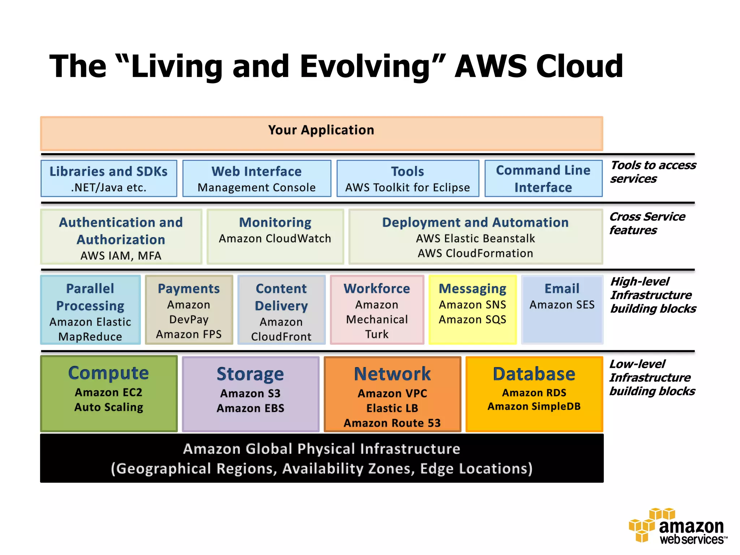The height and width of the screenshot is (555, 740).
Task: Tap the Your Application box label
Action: pos(321,130)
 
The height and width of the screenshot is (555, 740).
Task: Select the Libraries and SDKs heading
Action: pos(108,171)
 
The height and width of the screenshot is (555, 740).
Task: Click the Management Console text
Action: pos(257,188)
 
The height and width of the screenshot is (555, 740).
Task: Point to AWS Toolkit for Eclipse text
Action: pos(408,188)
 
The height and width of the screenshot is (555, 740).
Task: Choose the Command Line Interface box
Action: pos(543,178)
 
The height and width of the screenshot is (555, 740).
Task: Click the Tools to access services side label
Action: pos(652,172)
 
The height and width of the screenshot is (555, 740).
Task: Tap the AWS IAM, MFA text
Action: pos(121,256)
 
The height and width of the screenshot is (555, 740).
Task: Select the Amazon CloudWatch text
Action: pos(275,238)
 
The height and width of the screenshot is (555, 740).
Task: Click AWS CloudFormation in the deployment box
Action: pos(475,253)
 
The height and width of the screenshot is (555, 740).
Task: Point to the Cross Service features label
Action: pos(647,223)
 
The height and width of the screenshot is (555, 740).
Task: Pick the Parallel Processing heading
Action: pos(90,297)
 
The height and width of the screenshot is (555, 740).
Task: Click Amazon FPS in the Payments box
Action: pos(189,334)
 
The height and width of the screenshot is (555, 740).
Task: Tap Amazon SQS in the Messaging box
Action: pos(472,319)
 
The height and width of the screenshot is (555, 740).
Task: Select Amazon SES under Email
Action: pos(562,305)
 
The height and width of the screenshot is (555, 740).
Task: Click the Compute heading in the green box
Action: pos(108,373)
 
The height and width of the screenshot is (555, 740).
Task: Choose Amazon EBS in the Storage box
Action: pos(250,408)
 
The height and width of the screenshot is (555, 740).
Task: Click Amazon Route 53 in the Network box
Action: pos(392,423)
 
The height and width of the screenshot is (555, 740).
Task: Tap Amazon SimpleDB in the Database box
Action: pos(534,406)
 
